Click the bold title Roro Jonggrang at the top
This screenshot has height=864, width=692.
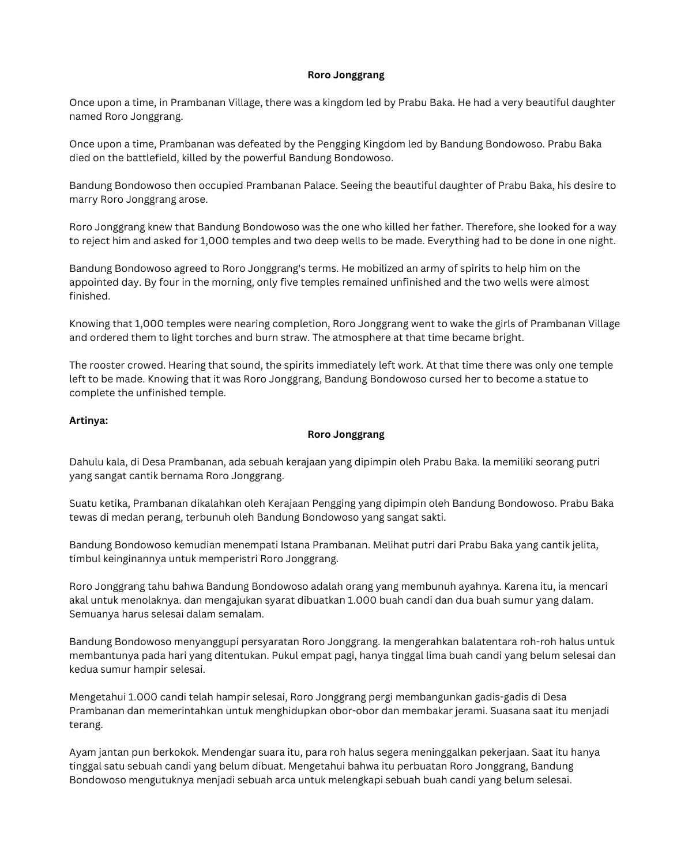[345, 75]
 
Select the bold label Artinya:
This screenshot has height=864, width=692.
[88, 420]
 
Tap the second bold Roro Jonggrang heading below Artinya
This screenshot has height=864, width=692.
[345, 434]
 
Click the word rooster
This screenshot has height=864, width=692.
[109, 365]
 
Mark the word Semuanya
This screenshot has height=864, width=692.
[94, 614]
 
